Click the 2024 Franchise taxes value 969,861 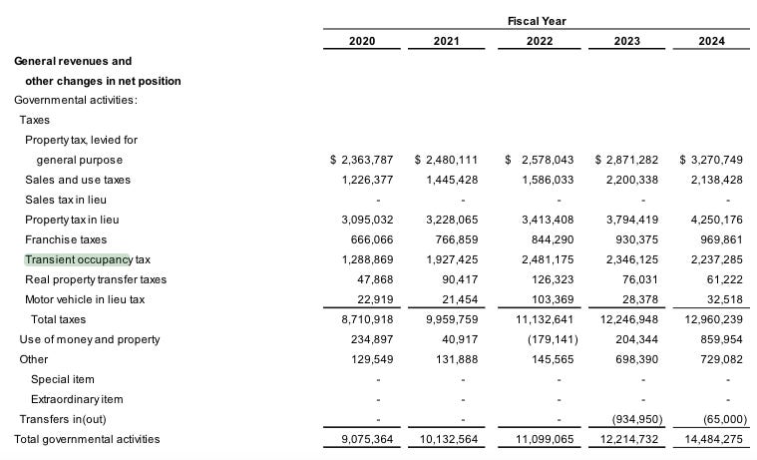click(715, 239)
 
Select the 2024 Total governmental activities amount click(712, 439)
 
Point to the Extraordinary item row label click(78, 399)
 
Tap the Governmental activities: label click(75, 100)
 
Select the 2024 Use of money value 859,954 click(719, 339)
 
